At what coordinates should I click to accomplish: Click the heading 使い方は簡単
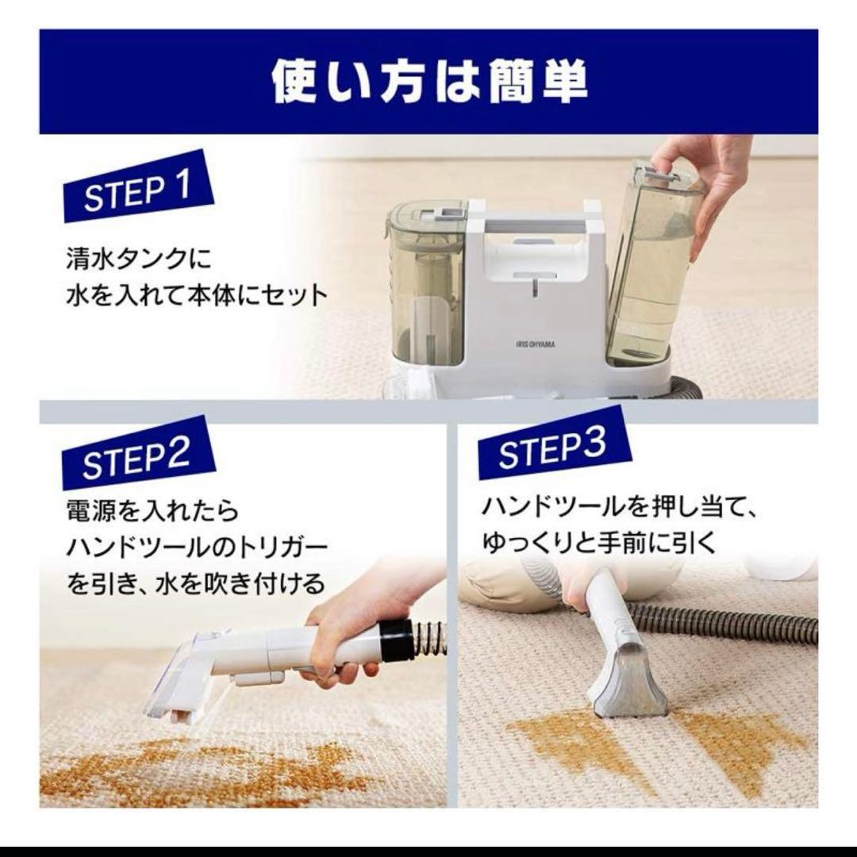tap(429, 82)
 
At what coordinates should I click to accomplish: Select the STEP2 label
tap(138, 453)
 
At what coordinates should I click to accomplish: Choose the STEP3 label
tap(554, 444)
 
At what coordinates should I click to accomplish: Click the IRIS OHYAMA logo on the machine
tap(535, 344)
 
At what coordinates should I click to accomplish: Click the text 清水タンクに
tap(139, 259)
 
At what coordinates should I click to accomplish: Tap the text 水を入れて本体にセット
tap(197, 295)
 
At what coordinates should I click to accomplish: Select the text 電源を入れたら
tap(152, 510)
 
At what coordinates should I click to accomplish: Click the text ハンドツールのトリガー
tap(197, 548)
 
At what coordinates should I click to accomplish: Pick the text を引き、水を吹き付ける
tap(196, 584)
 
